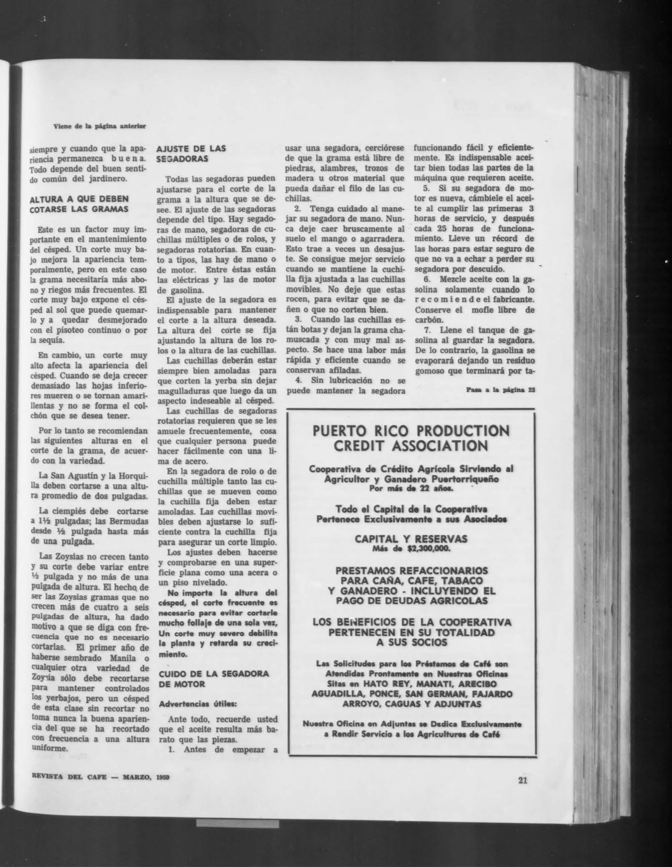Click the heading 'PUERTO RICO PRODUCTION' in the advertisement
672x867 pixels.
coord(411,431)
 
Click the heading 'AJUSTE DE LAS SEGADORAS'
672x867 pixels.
coord(191,153)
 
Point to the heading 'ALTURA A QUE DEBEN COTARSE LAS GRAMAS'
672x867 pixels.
coord(79,204)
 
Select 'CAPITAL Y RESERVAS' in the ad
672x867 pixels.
coord(411,539)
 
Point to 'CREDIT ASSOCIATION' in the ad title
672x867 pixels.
coord(411,446)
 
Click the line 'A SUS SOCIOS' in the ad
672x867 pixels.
coord(411,642)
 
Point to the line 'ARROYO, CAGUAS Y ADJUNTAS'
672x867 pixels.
coord(411,704)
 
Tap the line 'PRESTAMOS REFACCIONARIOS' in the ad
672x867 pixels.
coord(411,570)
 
